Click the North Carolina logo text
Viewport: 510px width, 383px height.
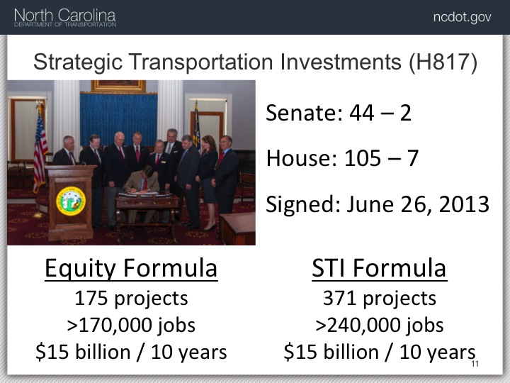pos(65,16)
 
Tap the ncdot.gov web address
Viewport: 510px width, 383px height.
pos(462,17)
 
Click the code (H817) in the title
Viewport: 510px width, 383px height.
pos(443,62)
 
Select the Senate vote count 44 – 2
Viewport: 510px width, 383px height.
pos(380,113)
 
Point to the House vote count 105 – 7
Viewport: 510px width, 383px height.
pos(381,158)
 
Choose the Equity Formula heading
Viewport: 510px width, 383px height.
pos(131,268)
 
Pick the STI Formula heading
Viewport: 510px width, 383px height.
pos(379,268)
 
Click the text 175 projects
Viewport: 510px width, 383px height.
pos(131,298)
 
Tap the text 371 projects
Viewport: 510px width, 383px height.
pos(379,298)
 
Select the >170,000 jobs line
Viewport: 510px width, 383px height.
pos(131,325)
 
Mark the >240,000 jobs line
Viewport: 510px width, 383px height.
pos(379,325)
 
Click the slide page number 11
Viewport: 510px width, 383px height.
pos(475,364)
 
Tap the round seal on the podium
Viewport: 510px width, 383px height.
pos(71,201)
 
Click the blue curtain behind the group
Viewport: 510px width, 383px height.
pos(118,117)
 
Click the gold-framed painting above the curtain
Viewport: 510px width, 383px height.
pos(118,86)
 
